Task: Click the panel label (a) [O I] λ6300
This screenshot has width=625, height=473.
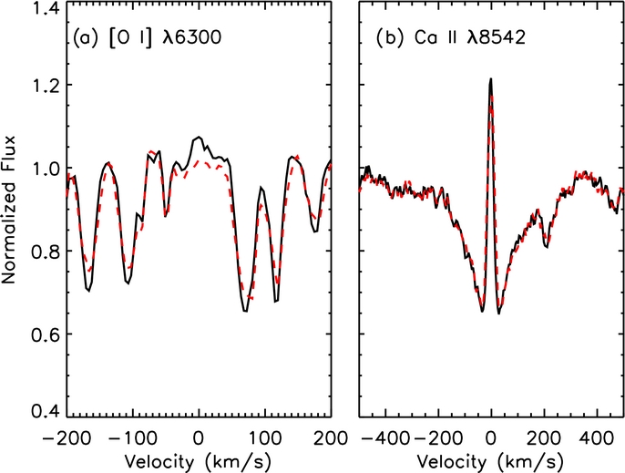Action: (147, 38)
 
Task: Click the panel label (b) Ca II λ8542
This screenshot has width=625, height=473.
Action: (451, 38)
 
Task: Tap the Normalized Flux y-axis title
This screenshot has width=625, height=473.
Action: (9, 210)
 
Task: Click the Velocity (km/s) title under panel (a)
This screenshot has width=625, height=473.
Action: (199, 462)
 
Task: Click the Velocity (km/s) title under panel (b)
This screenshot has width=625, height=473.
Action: (491, 462)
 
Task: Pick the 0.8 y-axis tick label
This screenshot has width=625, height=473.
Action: (45, 251)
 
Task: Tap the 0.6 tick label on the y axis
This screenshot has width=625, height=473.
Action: (45, 334)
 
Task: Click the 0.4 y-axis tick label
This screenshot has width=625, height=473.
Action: (45, 411)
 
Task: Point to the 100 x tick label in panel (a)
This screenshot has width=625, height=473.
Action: (265, 438)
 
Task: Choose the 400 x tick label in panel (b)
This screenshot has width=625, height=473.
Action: (597, 438)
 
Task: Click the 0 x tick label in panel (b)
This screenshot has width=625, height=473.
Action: (491, 438)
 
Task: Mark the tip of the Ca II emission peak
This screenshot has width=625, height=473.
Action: (491, 78)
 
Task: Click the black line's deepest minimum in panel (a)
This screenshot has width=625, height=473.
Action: (246, 311)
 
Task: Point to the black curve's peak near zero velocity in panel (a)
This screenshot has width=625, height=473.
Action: (199, 137)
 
